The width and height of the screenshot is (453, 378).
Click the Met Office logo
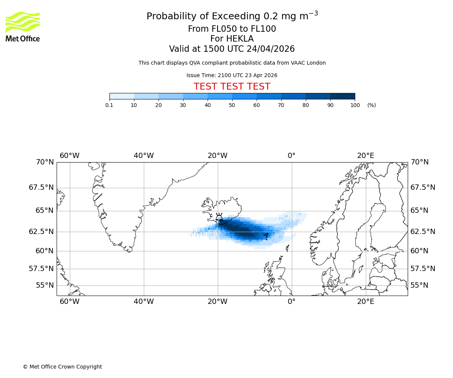click(x=23, y=26)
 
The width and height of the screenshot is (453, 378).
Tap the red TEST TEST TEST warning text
click(x=232, y=87)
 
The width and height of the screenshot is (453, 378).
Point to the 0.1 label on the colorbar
click(x=109, y=105)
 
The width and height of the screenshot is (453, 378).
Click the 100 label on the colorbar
click(x=355, y=105)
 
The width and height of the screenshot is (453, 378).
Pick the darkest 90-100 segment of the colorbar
click(x=342, y=96)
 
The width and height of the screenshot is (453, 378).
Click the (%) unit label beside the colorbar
click(x=371, y=105)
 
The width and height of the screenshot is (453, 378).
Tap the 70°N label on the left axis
click(x=45, y=162)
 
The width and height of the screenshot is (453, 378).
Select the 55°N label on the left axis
click(x=45, y=285)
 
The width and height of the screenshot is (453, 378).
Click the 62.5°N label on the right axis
click(x=423, y=232)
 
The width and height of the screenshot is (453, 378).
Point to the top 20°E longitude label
click(x=366, y=155)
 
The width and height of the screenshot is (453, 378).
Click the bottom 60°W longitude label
click(x=69, y=302)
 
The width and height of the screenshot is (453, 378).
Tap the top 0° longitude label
click(x=291, y=155)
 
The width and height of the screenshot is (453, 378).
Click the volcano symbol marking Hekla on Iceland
click(x=219, y=218)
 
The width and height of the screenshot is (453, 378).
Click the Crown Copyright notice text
click(x=62, y=367)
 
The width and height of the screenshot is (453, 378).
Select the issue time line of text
click(x=232, y=75)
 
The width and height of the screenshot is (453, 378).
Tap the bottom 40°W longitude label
click(x=143, y=302)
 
